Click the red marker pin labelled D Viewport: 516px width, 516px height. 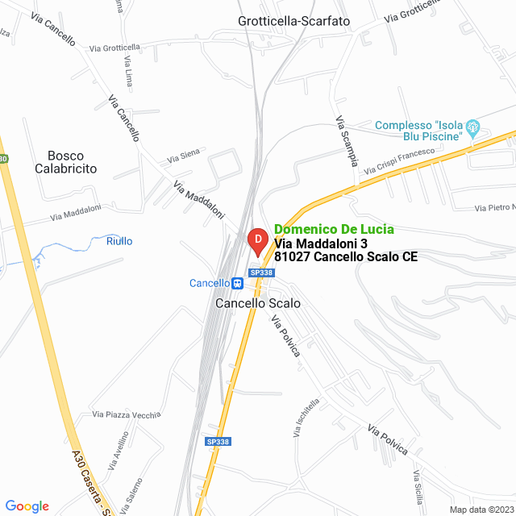pos(256,240)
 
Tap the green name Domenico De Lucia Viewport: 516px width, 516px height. pos(334,229)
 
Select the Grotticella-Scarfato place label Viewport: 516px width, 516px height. pos(294,21)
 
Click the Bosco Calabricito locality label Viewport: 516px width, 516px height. pos(66,162)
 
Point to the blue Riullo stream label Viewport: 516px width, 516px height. pos(119,241)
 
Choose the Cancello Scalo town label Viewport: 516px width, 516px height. pos(258,304)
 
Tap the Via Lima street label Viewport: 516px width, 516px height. pos(129,72)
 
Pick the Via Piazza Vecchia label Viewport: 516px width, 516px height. pos(127,414)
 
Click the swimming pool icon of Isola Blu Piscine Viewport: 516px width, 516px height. pos(474,127)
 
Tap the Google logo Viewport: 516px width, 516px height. pos(27,506)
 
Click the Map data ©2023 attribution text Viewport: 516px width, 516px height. pos(481,510)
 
